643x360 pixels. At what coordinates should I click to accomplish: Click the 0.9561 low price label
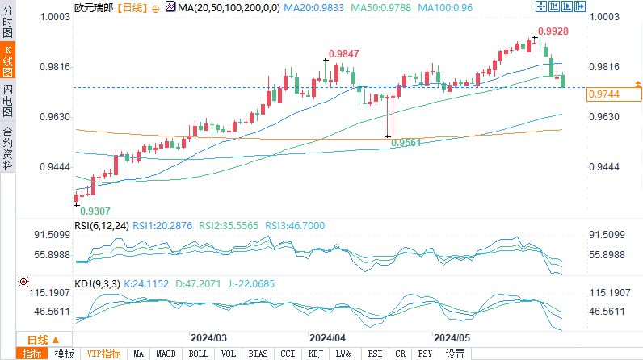(406, 143)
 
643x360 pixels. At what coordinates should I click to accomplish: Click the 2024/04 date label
(328, 337)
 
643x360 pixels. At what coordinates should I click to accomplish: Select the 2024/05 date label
(452, 337)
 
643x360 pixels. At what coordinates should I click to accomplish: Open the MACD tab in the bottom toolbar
(166, 354)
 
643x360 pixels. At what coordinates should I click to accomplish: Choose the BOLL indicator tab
(197, 354)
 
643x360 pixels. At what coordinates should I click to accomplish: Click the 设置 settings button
(455, 354)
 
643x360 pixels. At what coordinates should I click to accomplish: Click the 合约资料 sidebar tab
(7, 149)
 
